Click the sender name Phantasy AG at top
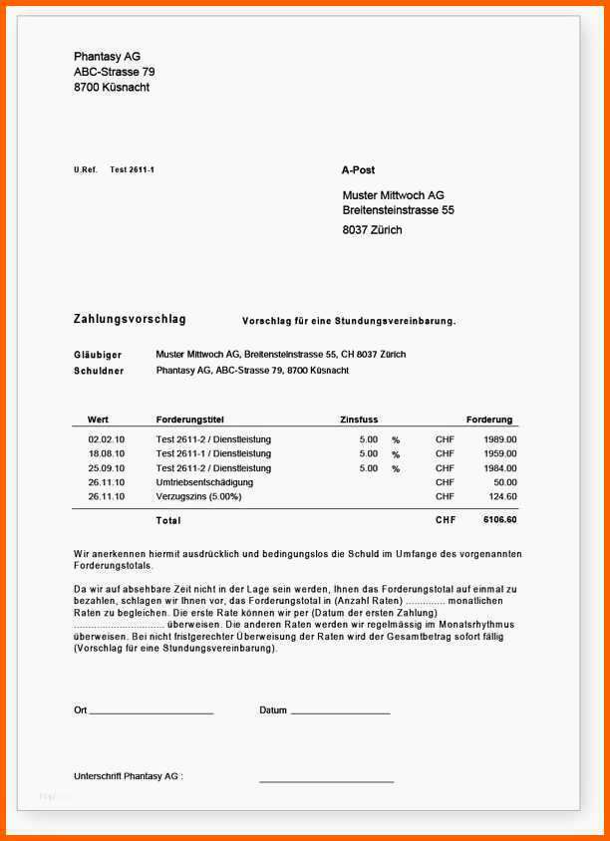[x=107, y=57]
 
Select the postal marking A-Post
[x=358, y=170]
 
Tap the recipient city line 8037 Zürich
[x=372, y=230]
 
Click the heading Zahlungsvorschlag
[x=130, y=320]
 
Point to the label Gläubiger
[x=98, y=355]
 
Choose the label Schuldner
[x=99, y=371]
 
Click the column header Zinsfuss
[x=359, y=420]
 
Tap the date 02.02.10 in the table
[x=106, y=439]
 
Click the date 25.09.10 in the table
[x=106, y=468]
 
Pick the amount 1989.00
[x=499, y=439]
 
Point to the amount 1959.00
[x=499, y=453]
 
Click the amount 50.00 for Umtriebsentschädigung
[x=504, y=482]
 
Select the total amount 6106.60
[x=499, y=520]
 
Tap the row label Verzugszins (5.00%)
[x=198, y=496]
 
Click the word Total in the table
[x=168, y=520]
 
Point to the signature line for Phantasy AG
[x=326, y=781]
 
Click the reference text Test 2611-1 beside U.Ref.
[x=132, y=170]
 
